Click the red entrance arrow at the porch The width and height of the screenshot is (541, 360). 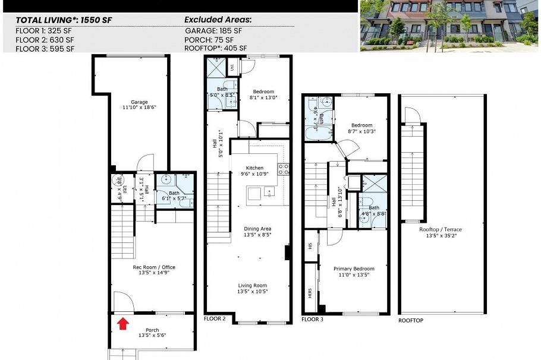pyautogui.click(x=123, y=323)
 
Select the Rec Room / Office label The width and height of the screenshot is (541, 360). pyautogui.click(x=153, y=270)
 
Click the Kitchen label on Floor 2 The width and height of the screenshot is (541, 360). pyautogui.click(x=254, y=171)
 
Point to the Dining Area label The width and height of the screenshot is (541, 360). pyautogui.click(x=257, y=232)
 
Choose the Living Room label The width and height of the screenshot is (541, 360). pyautogui.click(x=253, y=288)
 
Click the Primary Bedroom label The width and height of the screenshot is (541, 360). pyautogui.click(x=356, y=271)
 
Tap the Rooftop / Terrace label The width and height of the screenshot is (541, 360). pyautogui.click(x=441, y=232)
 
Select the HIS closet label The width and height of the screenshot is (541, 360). pyautogui.click(x=309, y=244)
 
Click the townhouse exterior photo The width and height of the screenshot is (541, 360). pyautogui.click(x=449, y=26)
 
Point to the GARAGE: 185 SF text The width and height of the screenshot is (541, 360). pyautogui.click(x=213, y=31)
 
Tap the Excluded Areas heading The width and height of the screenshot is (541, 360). pyautogui.click(x=218, y=19)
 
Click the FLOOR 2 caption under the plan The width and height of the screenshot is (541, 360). pyautogui.click(x=215, y=319)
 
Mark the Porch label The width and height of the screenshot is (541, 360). pyautogui.click(x=152, y=333)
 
